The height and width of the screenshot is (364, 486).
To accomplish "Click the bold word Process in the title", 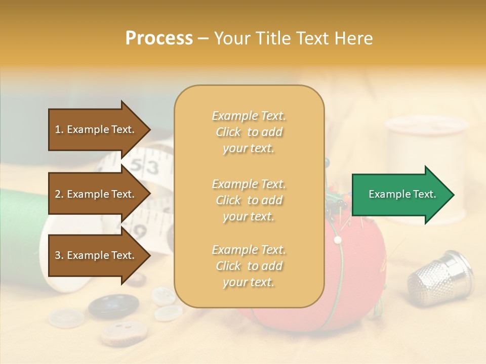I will click(x=159, y=38).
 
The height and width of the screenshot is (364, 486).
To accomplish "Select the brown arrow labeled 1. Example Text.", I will click(x=96, y=129).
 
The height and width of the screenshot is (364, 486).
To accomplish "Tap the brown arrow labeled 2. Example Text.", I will click(x=96, y=194).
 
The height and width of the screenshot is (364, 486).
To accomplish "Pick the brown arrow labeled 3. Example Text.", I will click(x=96, y=255).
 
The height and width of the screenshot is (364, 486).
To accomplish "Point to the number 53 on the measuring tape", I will click(x=148, y=167).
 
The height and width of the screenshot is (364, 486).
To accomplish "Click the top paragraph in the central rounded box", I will click(x=249, y=132).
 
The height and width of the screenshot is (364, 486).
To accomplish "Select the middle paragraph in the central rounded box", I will click(x=249, y=200).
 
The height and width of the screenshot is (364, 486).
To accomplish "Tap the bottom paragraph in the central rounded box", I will click(x=249, y=265).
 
